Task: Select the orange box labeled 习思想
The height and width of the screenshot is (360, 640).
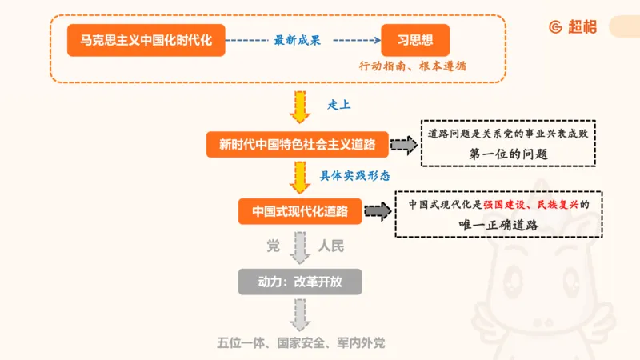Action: [x=415, y=40]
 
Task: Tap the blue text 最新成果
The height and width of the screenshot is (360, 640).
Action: [x=297, y=40]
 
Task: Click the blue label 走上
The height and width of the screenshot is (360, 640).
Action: [x=339, y=105]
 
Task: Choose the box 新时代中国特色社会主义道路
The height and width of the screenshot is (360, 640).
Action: [x=298, y=145]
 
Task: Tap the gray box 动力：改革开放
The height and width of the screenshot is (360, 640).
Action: [x=300, y=282]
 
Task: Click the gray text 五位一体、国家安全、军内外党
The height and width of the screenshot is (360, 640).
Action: [x=301, y=342]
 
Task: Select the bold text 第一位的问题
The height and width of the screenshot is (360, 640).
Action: [x=510, y=154]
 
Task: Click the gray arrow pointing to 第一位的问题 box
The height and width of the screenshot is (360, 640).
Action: [x=404, y=145]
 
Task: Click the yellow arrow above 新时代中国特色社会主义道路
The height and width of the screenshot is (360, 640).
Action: [x=300, y=108]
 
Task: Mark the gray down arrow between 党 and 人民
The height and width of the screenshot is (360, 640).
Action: [x=300, y=247]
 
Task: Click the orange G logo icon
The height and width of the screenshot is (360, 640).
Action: [x=554, y=26]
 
